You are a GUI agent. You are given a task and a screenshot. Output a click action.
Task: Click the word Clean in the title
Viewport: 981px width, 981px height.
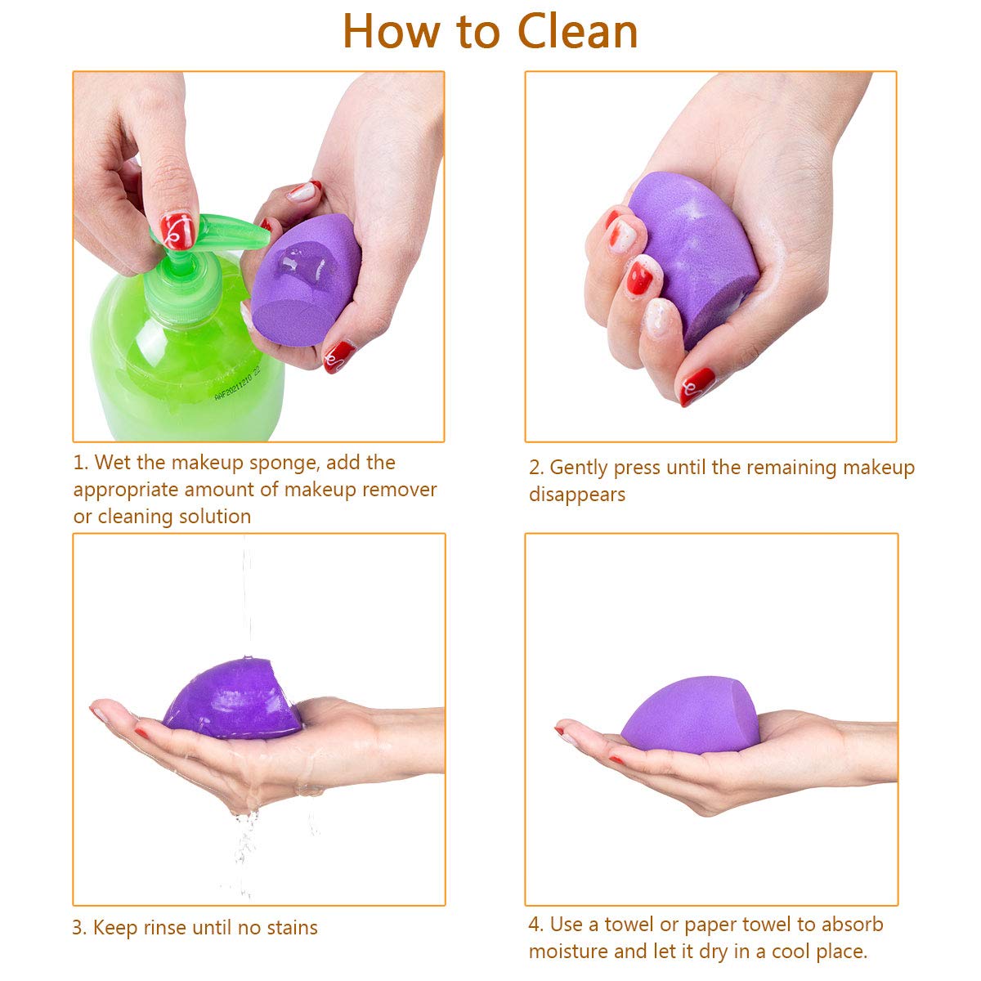pos(577,32)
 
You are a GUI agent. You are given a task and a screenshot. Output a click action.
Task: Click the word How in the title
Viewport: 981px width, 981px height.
pos(391,32)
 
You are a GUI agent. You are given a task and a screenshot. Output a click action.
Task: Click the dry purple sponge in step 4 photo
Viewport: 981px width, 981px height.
pos(690,715)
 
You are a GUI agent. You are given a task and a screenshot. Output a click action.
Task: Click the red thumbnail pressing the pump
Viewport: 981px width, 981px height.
pos(177,231)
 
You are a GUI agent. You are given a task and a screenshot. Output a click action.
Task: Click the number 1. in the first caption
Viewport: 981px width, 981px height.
pos(81,463)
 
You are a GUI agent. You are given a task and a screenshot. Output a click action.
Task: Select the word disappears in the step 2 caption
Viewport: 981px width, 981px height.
pos(577,495)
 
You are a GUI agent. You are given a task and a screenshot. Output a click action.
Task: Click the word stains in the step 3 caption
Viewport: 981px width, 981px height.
pos(292,928)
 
